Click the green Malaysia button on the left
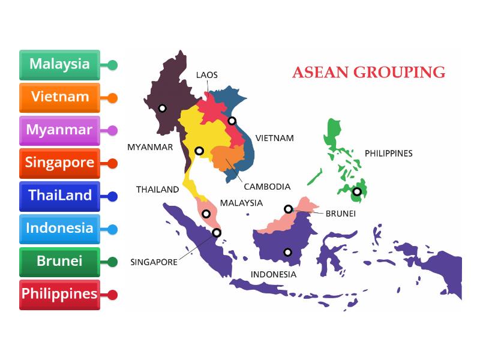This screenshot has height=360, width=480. point(59,64)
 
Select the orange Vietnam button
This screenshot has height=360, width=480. point(59,97)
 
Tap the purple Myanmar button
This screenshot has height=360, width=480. point(59,130)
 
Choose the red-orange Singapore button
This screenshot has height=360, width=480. point(59,163)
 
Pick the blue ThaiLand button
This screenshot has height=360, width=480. point(59,196)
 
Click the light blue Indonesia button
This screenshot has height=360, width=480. point(59,229)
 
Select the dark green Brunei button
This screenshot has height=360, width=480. point(59,262)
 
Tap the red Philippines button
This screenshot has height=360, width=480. point(59,295)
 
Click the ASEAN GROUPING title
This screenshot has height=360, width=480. point(368,73)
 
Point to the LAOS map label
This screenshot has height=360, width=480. point(207,75)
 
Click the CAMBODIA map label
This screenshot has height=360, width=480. point(267,187)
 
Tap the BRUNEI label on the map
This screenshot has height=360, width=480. point(341,213)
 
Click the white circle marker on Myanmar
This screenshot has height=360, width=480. point(162,109)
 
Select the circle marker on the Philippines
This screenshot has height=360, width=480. point(357,192)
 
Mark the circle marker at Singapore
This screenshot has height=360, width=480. point(217,233)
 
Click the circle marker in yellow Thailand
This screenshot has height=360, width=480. point(199,151)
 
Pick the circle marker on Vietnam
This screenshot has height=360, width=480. point(232,121)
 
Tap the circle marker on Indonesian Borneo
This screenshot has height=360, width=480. point(288,252)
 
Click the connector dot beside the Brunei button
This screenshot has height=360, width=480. point(112,262)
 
